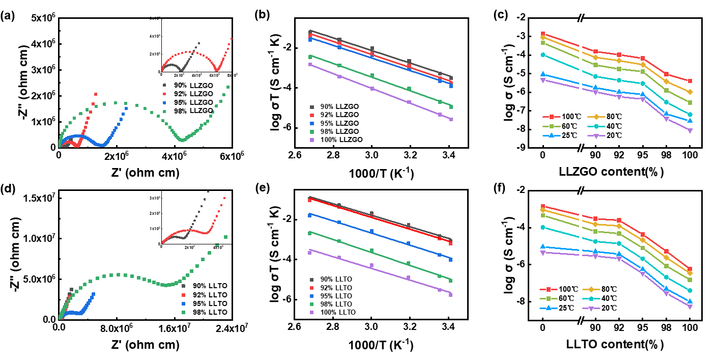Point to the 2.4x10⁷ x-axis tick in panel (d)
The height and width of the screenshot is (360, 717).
click(x=232, y=328)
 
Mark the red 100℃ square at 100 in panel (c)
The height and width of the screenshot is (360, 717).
click(x=690, y=81)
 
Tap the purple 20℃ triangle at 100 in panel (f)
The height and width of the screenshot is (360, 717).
click(x=690, y=307)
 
